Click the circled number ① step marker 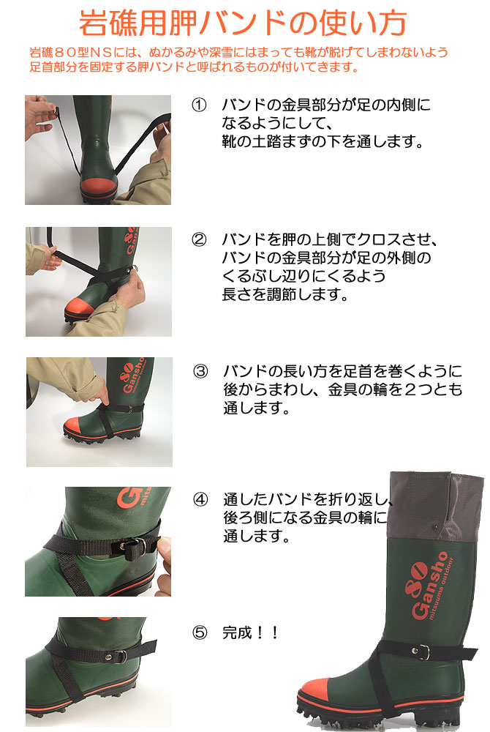pos(199,105)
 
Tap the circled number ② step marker pos(199,239)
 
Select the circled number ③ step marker pos(200,371)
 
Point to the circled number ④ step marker pos(200,499)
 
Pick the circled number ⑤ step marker pos(200,632)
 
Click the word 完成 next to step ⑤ pos(237,632)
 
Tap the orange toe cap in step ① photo pos(99,186)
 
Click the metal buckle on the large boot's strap pos(423,651)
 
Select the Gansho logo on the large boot pos(426,586)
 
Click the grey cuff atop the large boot pos(436,506)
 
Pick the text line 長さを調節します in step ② pos(285,294)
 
